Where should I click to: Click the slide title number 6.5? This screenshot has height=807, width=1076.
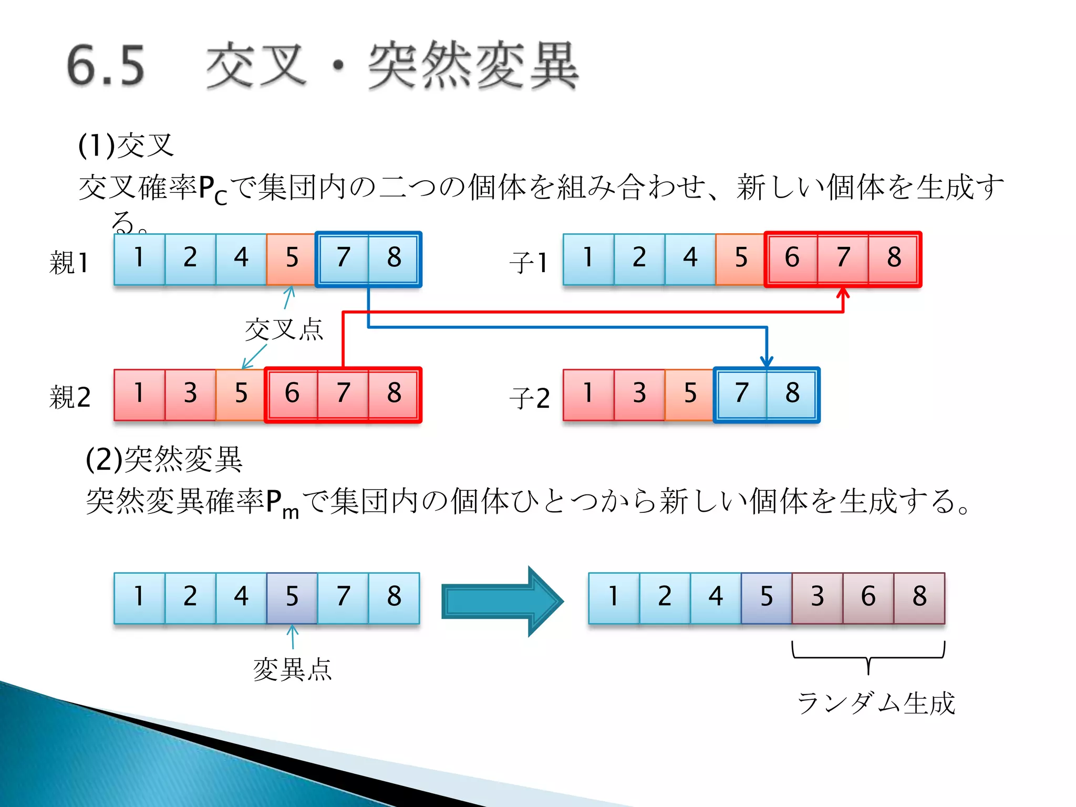pyautogui.click(x=106, y=66)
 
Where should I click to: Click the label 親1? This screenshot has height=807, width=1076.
pyautogui.click(x=69, y=262)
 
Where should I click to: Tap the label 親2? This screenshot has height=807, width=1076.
pyautogui.click(x=70, y=397)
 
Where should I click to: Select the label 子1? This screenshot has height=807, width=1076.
pyautogui.click(x=529, y=262)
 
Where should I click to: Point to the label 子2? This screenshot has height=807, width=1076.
pyautogui.click(x=530, y=398)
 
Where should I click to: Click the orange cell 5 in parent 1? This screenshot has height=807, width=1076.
pyautogui.click(x=292, y=259)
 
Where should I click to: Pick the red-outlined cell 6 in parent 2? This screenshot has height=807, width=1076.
pyautogui.click(x=292, y=394)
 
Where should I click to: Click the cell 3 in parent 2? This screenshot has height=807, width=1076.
pyautogui.click(x=190, y=394)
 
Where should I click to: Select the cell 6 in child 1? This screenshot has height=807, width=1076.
pyautogui.click(x=792, y=259)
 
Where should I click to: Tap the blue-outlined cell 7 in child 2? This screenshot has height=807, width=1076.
pyautogui.click(x=741, y=394)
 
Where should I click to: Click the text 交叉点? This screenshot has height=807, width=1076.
pyautogui.click(x=284, y=330)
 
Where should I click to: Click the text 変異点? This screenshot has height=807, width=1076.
pyautogui.click(x=292, y=669)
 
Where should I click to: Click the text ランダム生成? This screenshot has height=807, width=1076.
pyautogui.click(x=876, y=703)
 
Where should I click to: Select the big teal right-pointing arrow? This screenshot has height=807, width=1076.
pyautogui.click(x=502, y=601)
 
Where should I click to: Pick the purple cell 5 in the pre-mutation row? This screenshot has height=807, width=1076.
pyautogui.click(x=292, y=597)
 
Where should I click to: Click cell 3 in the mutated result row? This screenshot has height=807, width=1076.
pyautogui.click(x=817, y=597)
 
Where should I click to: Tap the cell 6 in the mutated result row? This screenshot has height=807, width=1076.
pyautogui.click(x=868, y=597)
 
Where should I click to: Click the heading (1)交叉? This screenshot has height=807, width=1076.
pyautogui.click(x=126, y=146)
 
